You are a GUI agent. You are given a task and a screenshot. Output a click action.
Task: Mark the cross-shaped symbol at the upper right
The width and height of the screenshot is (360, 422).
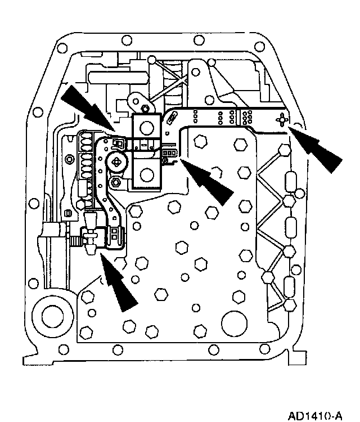(x=282, y=120)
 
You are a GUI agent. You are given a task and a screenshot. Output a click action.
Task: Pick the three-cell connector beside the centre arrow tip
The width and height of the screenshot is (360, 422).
(x=169, y=153)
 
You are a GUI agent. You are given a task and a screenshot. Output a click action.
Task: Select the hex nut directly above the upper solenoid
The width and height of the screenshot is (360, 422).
(x=146, y=107)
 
